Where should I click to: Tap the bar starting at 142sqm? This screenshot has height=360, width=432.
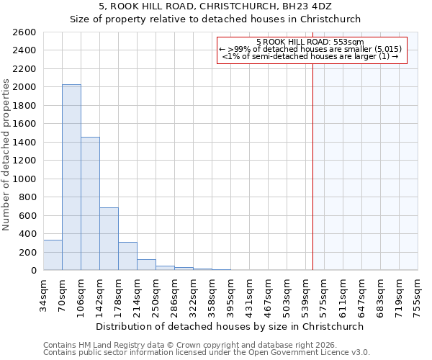pyautogui.click(x=109, y=238)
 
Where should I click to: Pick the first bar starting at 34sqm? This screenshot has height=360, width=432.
pyautogui.click(x=53, y=255)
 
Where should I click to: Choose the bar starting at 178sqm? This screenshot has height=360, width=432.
pyautogui.click(x=127, y=256)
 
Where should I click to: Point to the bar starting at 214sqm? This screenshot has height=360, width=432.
pyautogui.click(x=146, y=264)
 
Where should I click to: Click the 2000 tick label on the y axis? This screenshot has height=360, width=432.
pyautogui.click(x=25, y=87)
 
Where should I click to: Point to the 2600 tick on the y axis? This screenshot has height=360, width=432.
pyautogui.click(x=25, y=32)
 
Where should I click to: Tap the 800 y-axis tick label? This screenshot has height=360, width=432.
pyautogui.click(x=28, y=197)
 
